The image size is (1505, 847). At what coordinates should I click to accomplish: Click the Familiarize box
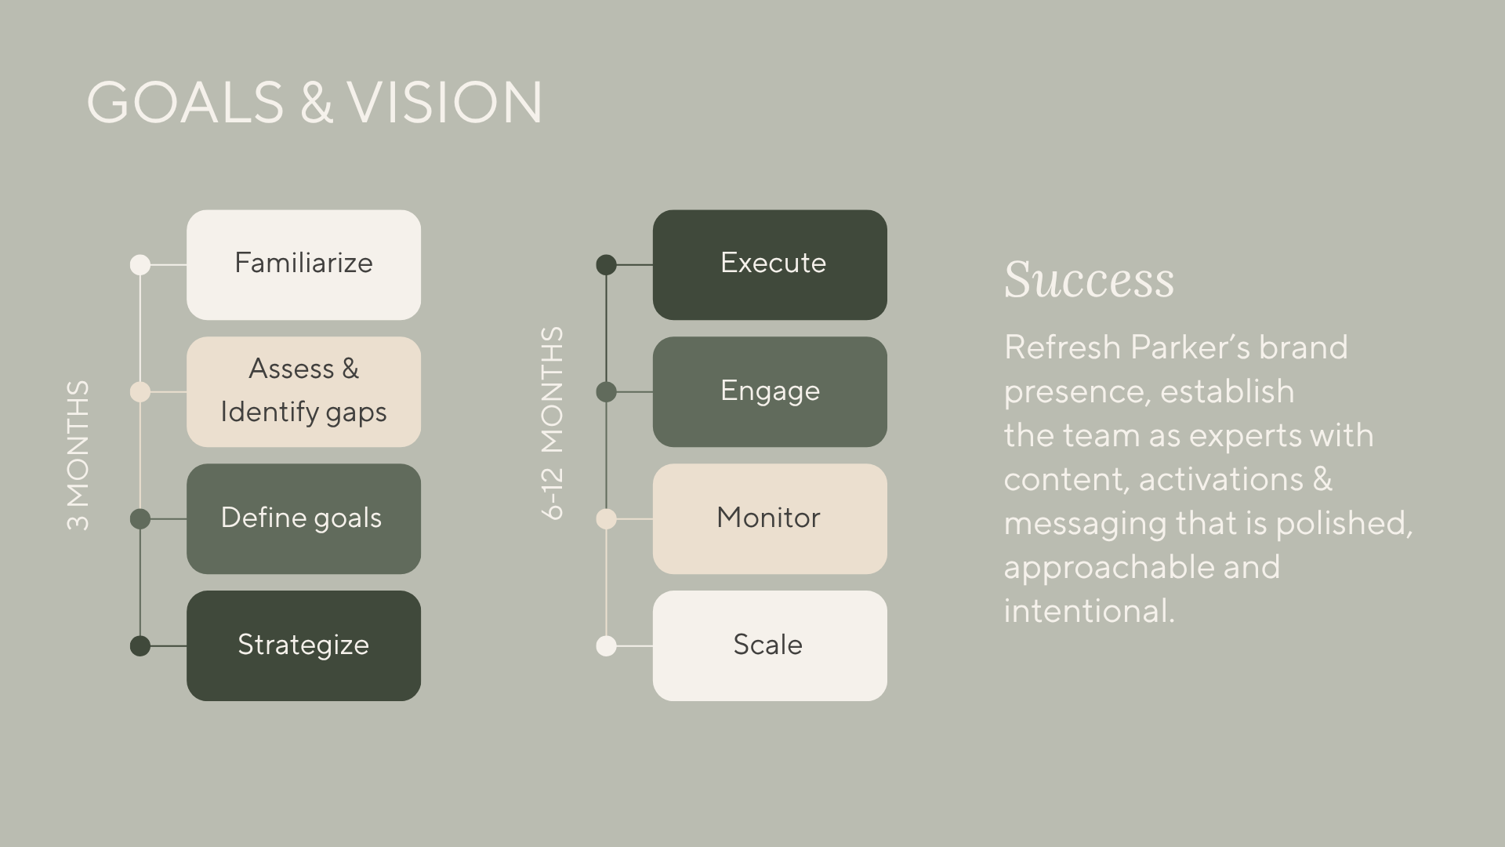tap(303, 264)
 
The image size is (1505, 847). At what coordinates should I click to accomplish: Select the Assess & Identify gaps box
tap(303, 391)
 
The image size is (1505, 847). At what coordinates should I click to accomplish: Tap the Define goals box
tap(303, 518)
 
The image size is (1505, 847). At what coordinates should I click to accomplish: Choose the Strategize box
tap(303, 645)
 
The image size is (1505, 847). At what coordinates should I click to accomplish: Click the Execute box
tap(770, 264)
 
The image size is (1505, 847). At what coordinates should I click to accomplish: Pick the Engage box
tap(770, 391)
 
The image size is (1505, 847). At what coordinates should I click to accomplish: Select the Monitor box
tap(770, 518)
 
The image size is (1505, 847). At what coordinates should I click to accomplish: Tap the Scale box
tap(770, 645)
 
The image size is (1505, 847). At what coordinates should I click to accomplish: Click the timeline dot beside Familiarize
tap(140, 265)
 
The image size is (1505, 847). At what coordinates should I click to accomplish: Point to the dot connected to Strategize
tap(140, 646)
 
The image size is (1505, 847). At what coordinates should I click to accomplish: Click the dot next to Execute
tap(606, 265)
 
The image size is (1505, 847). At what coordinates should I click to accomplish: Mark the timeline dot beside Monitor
tap(606, 519)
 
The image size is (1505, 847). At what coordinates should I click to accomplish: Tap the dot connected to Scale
tap(606, 646)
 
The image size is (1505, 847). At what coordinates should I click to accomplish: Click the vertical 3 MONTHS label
tap(78, 455)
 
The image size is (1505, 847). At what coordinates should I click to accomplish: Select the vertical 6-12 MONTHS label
tap(553, 423)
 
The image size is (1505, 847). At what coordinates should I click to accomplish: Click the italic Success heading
tap(1089, 280)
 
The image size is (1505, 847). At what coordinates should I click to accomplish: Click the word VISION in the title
tap(444, 102)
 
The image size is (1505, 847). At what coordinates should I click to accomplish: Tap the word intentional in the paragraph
tap(1088, 611)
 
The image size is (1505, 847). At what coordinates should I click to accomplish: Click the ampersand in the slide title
tap(316, 103)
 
